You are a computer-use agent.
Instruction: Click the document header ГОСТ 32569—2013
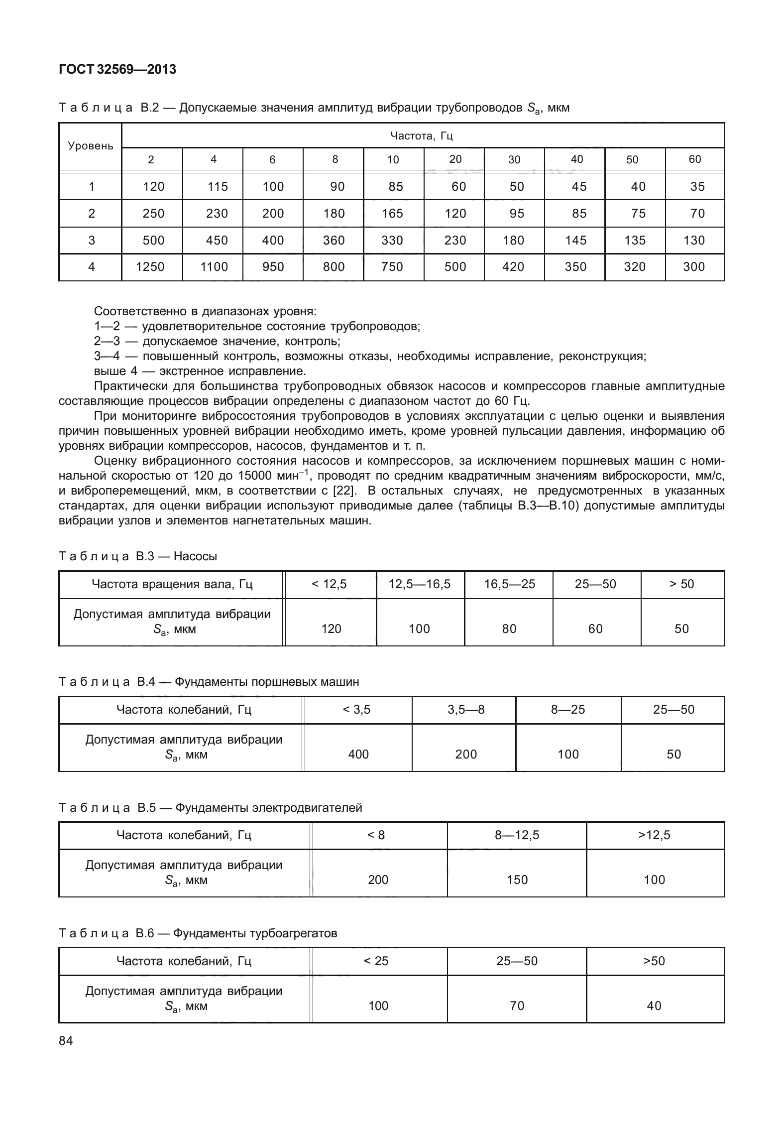pyautogui.click(x=117, y=70)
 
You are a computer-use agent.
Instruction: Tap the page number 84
pyautogui.click(x=66, y=1040)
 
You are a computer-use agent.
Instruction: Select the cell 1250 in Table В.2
pyautogui.click(x=150, y=267)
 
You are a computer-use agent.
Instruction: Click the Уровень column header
pyautogui.click(x=91, y=146)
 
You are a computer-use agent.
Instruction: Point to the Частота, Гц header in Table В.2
pyautogui.click(x=422, y=135)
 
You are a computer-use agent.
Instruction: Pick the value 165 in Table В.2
pyautogui.click(x=392, y=214)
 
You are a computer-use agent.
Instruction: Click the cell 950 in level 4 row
pyautogui.click(x=273, y=267)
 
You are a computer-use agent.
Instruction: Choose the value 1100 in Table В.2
pyautogui.click(x=214, y=267)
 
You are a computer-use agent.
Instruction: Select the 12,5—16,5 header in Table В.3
pyautogui.click(x=420, y=584)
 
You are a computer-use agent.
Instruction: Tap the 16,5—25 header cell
pyautogui.click(x=510, y=584)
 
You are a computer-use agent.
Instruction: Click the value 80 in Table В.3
pyautogui.click(x=509, y=629)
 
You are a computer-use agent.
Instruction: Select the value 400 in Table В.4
pyautogui.click(x=358, y=755)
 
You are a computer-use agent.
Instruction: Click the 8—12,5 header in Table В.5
pyautogui.click(x=517, y=835)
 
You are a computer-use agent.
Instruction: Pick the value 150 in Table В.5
pyautogui.click(x=517, y=880)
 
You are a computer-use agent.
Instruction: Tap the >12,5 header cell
pyautogui.click(x=654, y=835)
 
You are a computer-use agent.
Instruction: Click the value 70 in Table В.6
pyautogui.click(x=517, y=1006)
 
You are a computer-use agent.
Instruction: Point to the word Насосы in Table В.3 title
pyautogui.click(x=195, y=556)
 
